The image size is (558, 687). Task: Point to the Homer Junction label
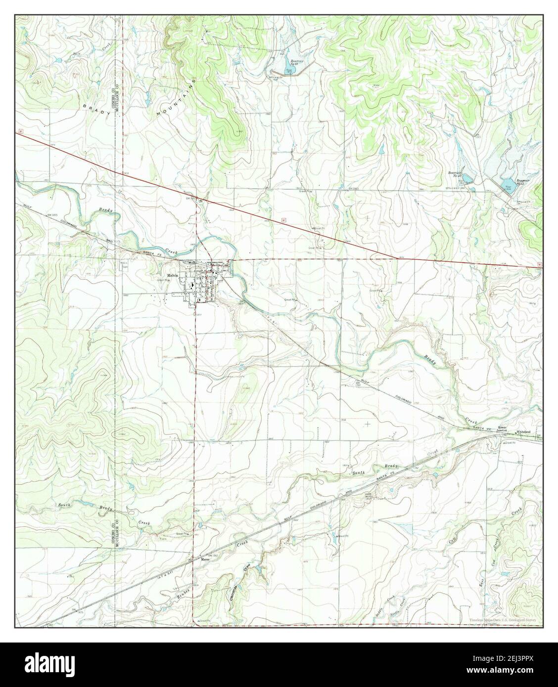pos(503,429)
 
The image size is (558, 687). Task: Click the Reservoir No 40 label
pos(454,174)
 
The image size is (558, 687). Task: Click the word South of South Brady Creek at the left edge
pos(65,505)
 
